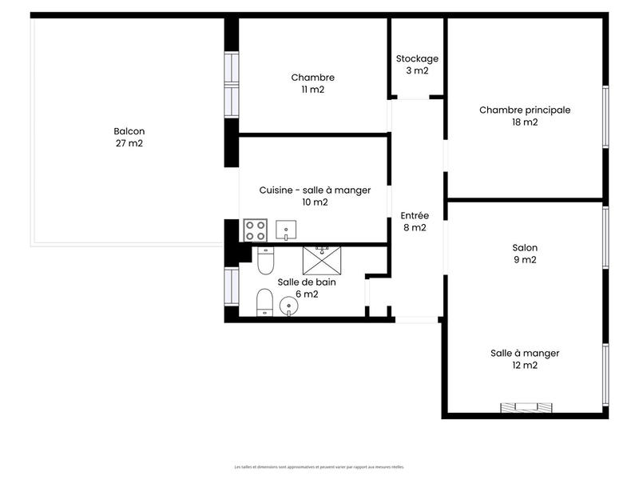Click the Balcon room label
click(129, 131)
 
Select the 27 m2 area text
click(129, 144)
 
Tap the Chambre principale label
click(525, 110)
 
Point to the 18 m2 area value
click(525, 123)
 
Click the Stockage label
click(417, 58)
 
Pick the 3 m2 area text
click(417, 71)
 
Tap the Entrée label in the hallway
click(415, 215)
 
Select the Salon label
click(525, 247)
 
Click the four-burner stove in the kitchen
click(256, 230)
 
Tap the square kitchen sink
click(286, 231)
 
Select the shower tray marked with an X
click(322, 260)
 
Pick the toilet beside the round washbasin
click(264, 303)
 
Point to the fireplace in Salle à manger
click(525, 408)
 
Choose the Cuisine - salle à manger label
click(316, 190)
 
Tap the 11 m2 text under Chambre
click(313, 90)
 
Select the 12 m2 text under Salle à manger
click(525, 366)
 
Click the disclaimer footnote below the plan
click(319, 467)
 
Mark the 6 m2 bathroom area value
click(308, 294)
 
